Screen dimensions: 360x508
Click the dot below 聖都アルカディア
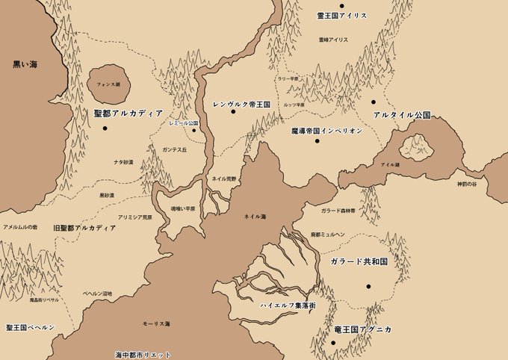click(106, 128)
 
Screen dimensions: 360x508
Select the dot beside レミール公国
click(193, 131)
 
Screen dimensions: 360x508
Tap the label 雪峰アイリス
click(333, 39)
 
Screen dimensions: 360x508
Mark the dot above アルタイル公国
click(373, 102)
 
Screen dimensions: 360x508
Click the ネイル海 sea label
click(255, 216)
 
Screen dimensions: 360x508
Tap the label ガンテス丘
click(174, 149)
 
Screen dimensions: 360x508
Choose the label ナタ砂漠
click(123, 161)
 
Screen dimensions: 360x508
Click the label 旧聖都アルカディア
click(84, 226)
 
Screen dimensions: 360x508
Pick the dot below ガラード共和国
click(368, 286)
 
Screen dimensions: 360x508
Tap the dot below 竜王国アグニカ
click(333, 342)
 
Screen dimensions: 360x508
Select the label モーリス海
click(158, 324)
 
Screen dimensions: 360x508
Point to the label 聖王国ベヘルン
click(31, 327)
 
